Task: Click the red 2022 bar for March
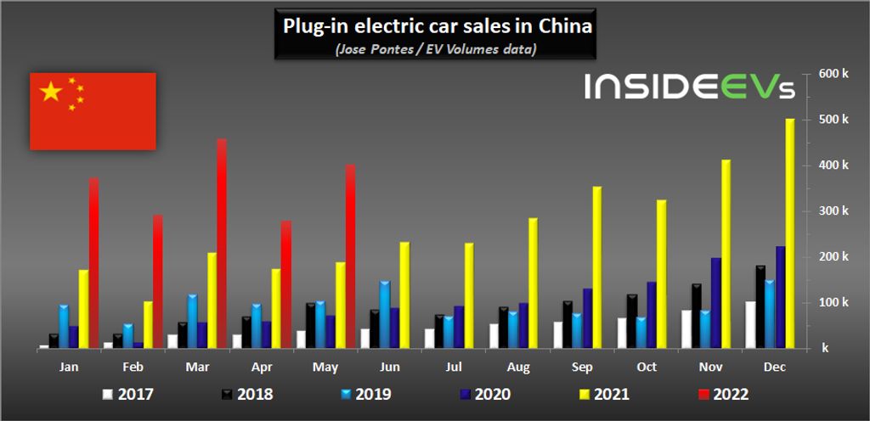(x=222, y=244)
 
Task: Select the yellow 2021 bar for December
(x=789, y=233)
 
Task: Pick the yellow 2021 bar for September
(x=597, y=267)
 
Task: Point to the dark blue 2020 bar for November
(x=716, y=303)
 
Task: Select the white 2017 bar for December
(x=750, y=324)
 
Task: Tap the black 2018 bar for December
(x=760, y=306)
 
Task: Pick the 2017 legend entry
(x=127, y=394)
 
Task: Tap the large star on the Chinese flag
(x=52, y=92)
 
